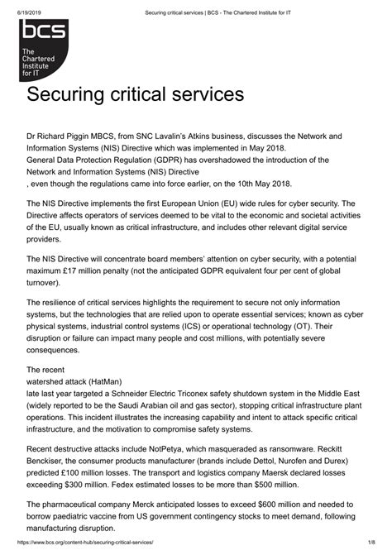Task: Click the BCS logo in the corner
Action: click(x=45, y=51)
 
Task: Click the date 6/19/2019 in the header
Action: click(x=22, y=8)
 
